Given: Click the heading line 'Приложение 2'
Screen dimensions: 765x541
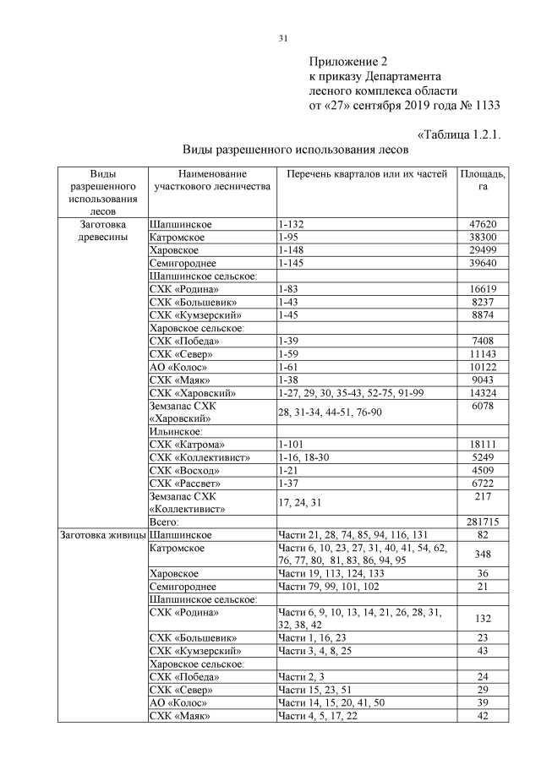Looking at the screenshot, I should (x=347, y=63).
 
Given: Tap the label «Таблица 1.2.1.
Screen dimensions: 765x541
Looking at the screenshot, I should (x=462, y=134).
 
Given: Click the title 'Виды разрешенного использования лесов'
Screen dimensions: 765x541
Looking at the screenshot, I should (x=296, y=150).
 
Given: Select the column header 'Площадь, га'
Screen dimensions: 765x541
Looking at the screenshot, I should (x=483, y=180).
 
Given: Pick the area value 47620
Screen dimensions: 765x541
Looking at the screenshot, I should (x=483, y=225).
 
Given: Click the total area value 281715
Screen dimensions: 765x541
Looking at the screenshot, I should (x=483, y=522).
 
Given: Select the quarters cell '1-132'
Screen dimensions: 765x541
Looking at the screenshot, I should (x=290, y=225).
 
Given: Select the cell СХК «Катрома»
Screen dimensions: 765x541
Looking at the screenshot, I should (x=187, y=443).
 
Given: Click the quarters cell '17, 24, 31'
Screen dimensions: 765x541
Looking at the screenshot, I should (x=300, y=503).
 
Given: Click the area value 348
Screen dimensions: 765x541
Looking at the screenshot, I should (x=483, y=554).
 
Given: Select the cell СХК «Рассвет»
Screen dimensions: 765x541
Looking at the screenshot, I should (x=185, y=484).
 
